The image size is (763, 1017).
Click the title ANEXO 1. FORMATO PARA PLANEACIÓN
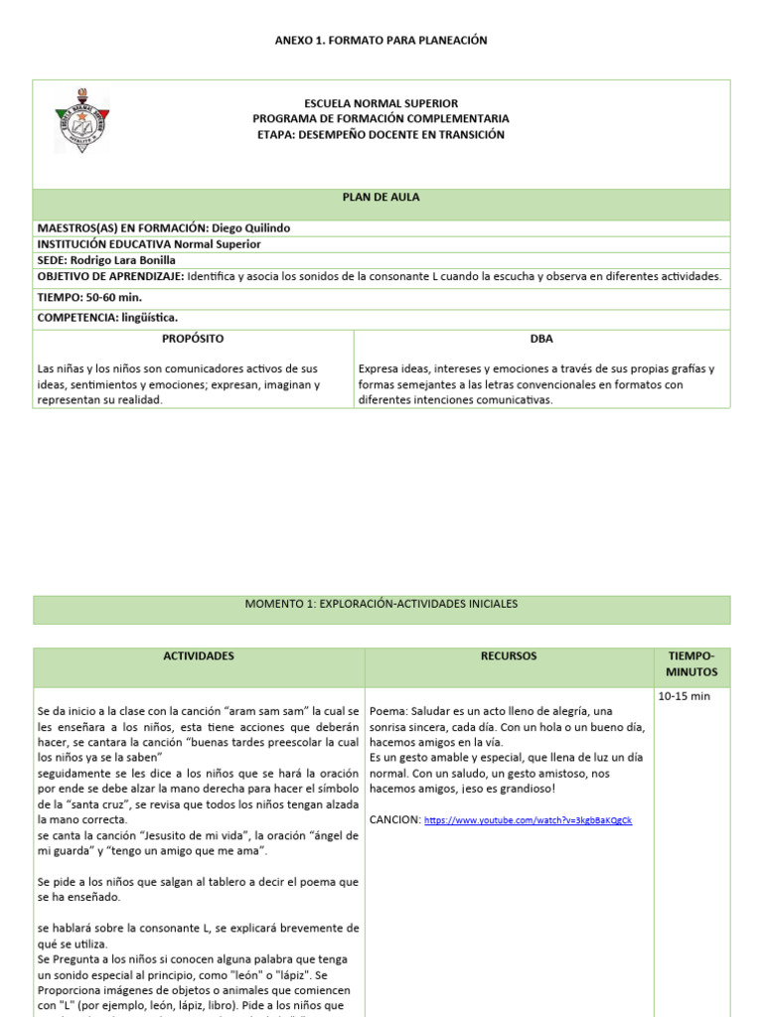(x=381, y=40)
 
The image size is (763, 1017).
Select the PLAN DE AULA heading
(x=381, y=198)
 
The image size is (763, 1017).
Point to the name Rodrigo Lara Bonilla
(x=127, y=260)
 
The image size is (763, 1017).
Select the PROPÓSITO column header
(x=193, y=339)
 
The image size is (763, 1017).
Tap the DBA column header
(x=541, y=339)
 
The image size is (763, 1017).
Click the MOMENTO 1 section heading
(x=381, y=604)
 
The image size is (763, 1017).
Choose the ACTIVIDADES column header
(x=199, y=656)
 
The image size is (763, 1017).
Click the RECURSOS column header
(x=508, y=656)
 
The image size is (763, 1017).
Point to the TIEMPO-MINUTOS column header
(x=691, y=664)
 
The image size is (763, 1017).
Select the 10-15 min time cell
(x=685, y=696)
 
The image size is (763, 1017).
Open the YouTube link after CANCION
(x=528, y=820)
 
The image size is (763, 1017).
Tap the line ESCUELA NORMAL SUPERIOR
(x=381, y=103)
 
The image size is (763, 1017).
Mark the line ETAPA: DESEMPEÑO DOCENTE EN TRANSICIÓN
(x=381, y=134)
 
